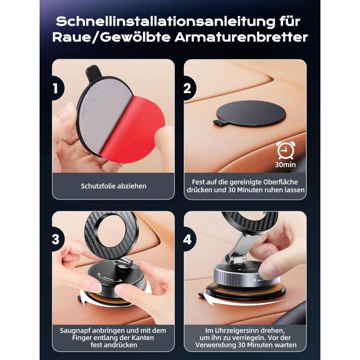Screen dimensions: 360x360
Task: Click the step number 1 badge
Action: tap(57, 88)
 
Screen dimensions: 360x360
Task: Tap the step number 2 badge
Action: tap(189, 88)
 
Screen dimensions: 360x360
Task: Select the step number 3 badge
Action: tap(57, 239)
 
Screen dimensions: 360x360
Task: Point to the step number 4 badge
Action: tap(189, 239)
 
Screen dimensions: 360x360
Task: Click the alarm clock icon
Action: tap(285, 150)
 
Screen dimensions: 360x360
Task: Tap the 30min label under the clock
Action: tap(285, 165)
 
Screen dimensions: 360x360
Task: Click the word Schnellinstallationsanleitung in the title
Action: tap(166, 22)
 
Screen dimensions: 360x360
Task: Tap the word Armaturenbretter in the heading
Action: tap(241, 38)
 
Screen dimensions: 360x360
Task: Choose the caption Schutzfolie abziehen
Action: tap(114, 186)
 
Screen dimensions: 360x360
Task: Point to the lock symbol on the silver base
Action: tap(255, 280)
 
